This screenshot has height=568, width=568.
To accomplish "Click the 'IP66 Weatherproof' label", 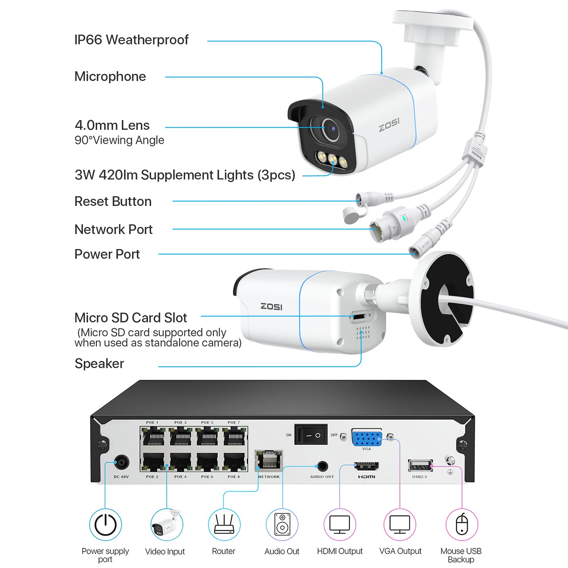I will click(131, 40).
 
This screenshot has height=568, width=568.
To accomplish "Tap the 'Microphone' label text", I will click(110, 76).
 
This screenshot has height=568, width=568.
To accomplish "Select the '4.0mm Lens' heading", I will click(112, 125).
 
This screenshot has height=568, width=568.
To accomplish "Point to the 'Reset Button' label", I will click(113, 201).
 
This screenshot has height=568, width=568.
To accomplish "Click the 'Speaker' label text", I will click(99, 364).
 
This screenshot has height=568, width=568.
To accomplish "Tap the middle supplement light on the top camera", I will click(332, 158).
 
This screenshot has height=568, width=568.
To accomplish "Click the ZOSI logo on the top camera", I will click(389, 125).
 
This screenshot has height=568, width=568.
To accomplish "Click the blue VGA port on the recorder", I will click(367, 438).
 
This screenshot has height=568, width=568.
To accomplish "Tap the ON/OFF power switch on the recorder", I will click(311, 435).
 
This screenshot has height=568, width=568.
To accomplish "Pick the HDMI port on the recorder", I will click(366, 466).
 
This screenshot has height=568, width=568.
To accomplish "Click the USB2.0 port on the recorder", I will click(420, 465).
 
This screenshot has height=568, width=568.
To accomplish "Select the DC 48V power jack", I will click(122, 462).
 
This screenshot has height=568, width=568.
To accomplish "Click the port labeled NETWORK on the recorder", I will click(269, 460).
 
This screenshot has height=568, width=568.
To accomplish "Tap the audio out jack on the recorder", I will click(322, 466).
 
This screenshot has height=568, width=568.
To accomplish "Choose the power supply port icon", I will click(105, 525).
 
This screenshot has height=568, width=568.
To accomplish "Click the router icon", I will click(223, 525).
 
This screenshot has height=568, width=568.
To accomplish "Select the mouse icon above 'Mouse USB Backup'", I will click(462, 525).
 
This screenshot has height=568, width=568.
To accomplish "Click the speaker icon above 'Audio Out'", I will click(282, 525).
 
